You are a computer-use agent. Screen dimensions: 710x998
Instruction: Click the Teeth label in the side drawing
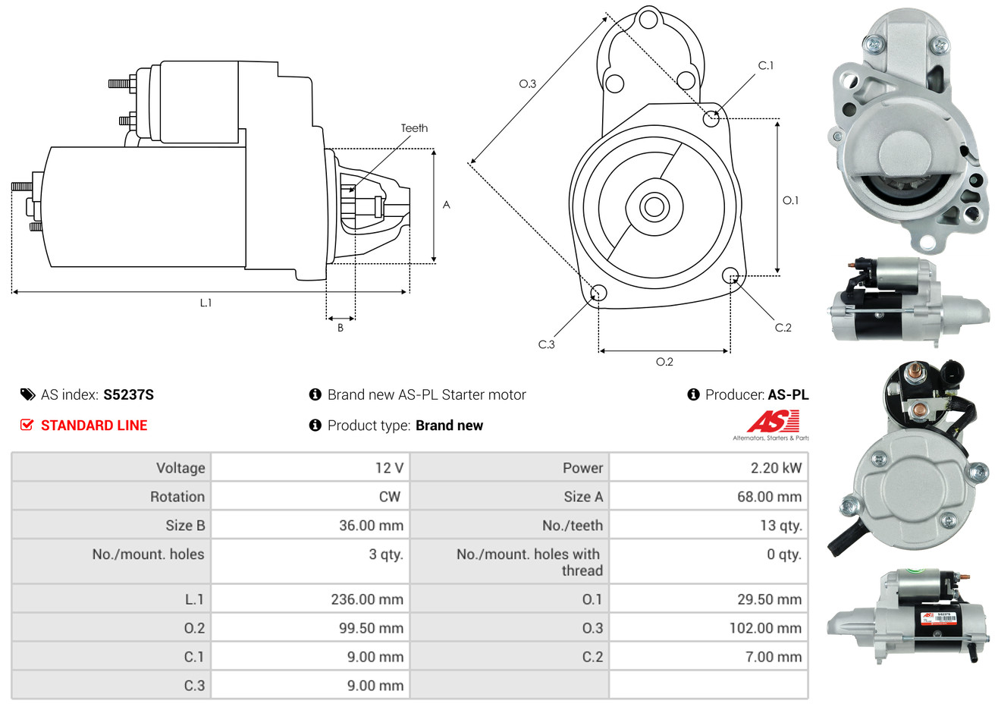pos(414,128)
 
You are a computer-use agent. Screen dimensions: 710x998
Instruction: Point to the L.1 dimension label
pos(206,303)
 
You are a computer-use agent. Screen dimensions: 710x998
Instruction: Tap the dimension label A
pos(446,205)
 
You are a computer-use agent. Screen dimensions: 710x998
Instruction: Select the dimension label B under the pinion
pos(341,328)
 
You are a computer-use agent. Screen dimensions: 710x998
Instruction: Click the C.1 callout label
pos(766,66)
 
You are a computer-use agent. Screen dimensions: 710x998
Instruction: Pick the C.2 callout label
pos(783,328)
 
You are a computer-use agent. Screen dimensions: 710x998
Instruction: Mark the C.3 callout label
pos(546,344)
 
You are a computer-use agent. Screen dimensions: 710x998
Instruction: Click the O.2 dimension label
pos(664,362)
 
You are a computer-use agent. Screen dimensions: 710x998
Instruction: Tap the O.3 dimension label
pos(527,84)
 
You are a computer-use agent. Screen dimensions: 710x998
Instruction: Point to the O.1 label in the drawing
pos(790,200)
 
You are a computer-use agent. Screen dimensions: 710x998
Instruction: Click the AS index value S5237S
pos(128,394)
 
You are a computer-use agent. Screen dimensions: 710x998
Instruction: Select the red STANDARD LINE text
pos(94,426)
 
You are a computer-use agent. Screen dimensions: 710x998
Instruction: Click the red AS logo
pos(773,421)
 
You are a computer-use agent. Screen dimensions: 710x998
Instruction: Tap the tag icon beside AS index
pos(27,394)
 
